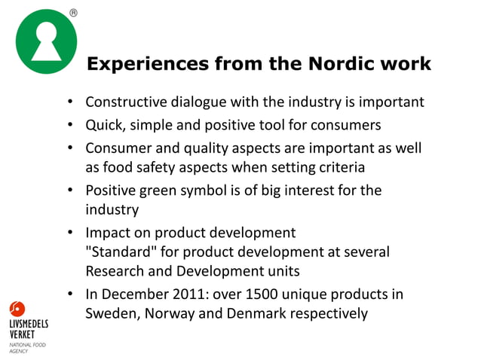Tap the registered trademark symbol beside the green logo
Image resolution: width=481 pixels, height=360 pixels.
73,13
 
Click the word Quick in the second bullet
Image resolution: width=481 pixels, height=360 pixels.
103,124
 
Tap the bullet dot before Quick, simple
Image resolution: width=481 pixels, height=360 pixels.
69,125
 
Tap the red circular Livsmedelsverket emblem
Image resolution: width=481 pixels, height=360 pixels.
17,309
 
